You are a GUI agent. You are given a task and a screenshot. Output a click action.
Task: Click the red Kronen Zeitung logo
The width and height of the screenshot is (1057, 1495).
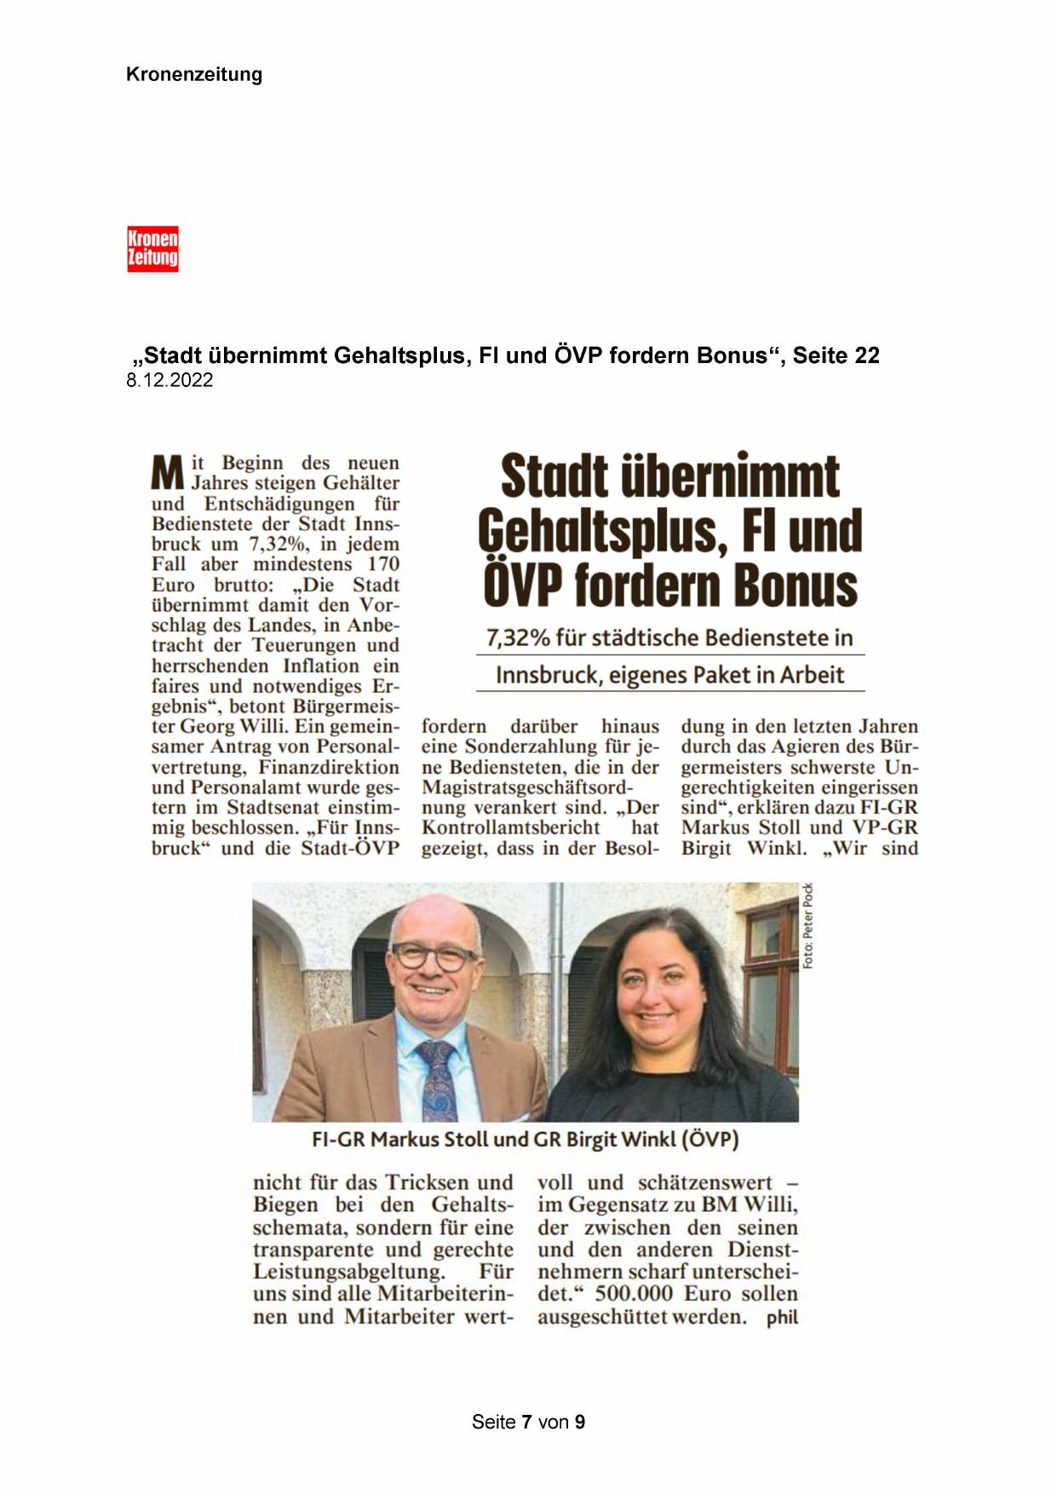click(152, 249)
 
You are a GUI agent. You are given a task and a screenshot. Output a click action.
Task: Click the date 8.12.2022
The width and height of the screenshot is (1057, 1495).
click(169, 381)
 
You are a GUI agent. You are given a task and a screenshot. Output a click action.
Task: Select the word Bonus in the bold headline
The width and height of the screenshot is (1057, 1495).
click(798, 586)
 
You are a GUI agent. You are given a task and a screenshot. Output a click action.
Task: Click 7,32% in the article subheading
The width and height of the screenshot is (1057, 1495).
click(516, 638)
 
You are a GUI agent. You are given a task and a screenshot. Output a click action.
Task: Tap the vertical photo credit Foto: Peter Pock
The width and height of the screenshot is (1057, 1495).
click(807, 926)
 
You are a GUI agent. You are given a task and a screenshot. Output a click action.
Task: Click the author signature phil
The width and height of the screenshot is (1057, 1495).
click(782, 1317)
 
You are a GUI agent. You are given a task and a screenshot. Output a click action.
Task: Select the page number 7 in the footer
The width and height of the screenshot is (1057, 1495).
click(528, 1423)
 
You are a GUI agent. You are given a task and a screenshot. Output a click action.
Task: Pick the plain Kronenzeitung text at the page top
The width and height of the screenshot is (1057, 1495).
click(194, 74)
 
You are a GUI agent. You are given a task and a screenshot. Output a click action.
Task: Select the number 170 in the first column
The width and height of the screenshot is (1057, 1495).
click(383, 564)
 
